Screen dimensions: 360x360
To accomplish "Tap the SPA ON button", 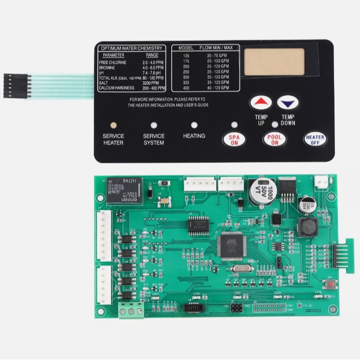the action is [234, 140].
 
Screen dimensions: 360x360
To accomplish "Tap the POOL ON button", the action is [274, 140].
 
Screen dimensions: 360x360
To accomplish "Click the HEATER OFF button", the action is [314, 140].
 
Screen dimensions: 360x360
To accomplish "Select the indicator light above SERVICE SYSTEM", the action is [154, 124].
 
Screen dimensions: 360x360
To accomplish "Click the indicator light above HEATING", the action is [194, 124].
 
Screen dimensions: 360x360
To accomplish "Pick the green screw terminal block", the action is [130, 311].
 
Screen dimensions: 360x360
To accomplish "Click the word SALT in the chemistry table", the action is [105, 83].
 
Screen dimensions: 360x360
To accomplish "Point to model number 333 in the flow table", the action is [186, 82].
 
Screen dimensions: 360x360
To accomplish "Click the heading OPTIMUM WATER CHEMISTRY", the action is [131, 48].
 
